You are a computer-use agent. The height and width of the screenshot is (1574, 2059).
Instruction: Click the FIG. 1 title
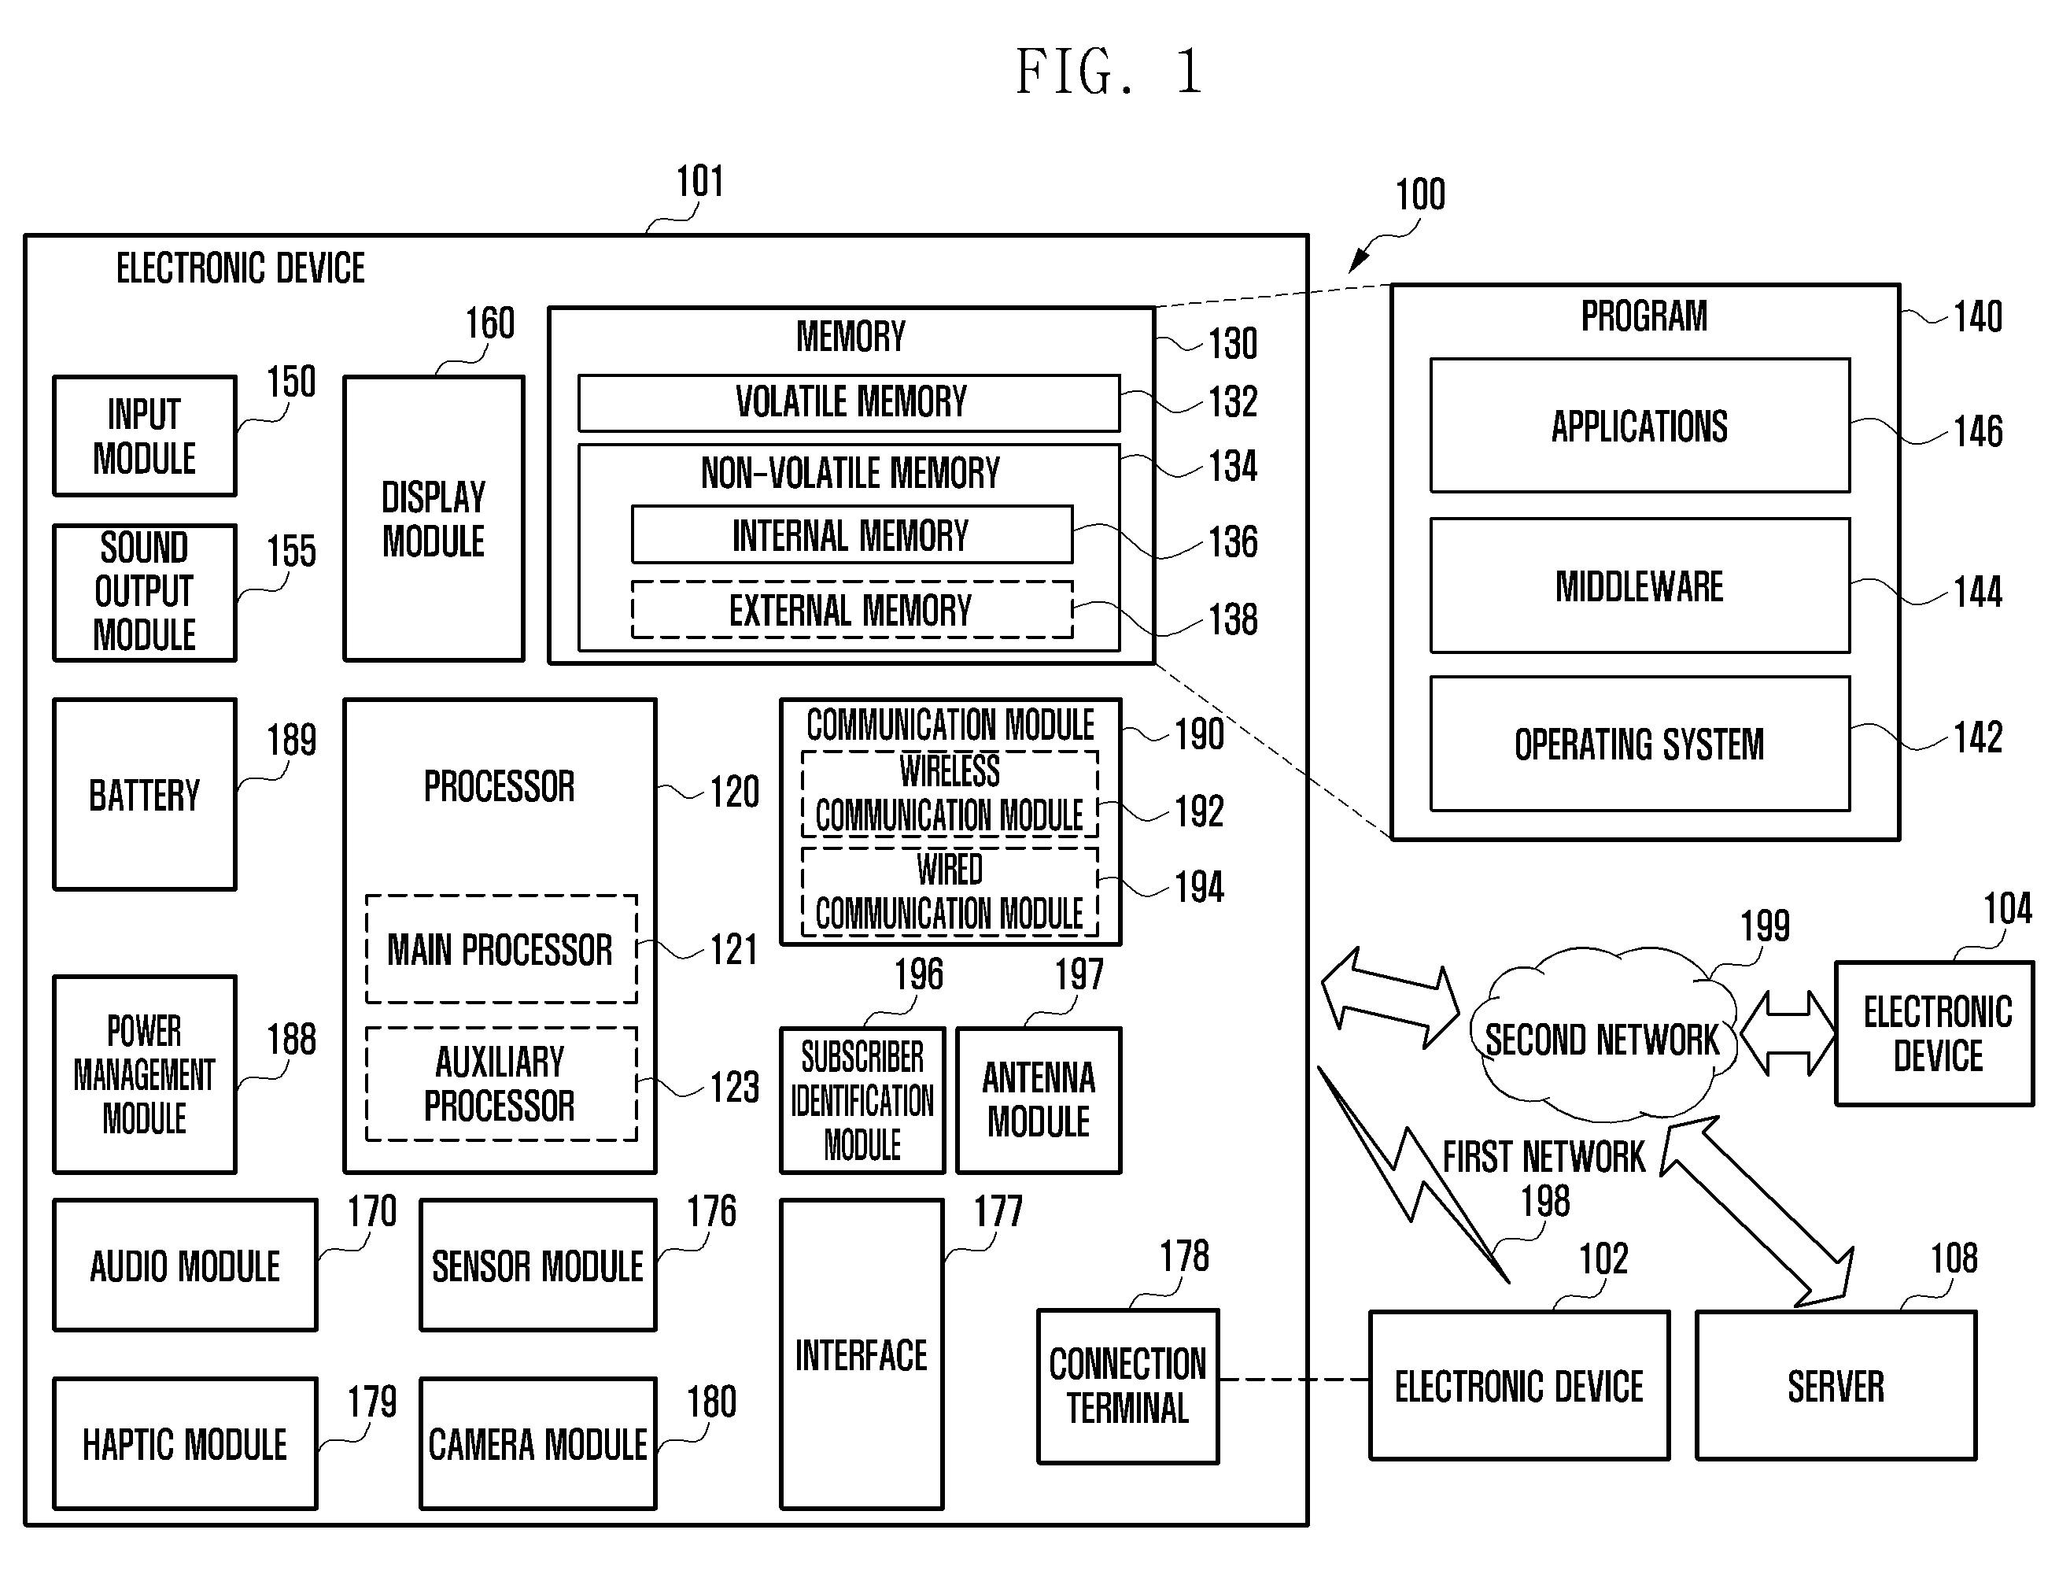pos(1109,72)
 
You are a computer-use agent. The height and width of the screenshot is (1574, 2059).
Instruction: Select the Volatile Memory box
pos(849,403)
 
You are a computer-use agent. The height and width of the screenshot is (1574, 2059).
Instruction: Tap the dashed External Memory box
pos(851,610)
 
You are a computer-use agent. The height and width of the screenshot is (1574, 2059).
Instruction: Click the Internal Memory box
pos(851,535)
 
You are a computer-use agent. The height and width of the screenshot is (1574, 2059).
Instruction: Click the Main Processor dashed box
pos(501,949)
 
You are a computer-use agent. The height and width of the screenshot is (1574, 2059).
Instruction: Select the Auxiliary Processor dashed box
pos(501,1084)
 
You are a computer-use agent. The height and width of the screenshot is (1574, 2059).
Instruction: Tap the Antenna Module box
pos(1039,1100)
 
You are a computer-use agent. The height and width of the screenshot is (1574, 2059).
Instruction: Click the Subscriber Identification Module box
pos(863,1100)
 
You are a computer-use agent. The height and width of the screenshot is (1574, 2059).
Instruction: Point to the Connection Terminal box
pos(1128,1386)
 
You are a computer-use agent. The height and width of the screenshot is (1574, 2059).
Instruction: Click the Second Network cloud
pos(1602,1035)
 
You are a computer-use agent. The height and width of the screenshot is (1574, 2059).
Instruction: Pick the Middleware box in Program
pos(1640,586)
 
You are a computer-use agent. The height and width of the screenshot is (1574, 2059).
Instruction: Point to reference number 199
pos(1765,926)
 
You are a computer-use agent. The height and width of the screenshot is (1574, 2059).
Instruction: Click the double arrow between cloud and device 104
pos(1788,1033)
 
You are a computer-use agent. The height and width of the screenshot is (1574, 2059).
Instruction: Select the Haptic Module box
pos(185,1444)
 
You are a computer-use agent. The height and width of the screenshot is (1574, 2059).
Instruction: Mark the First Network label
pos(1544,1157)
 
